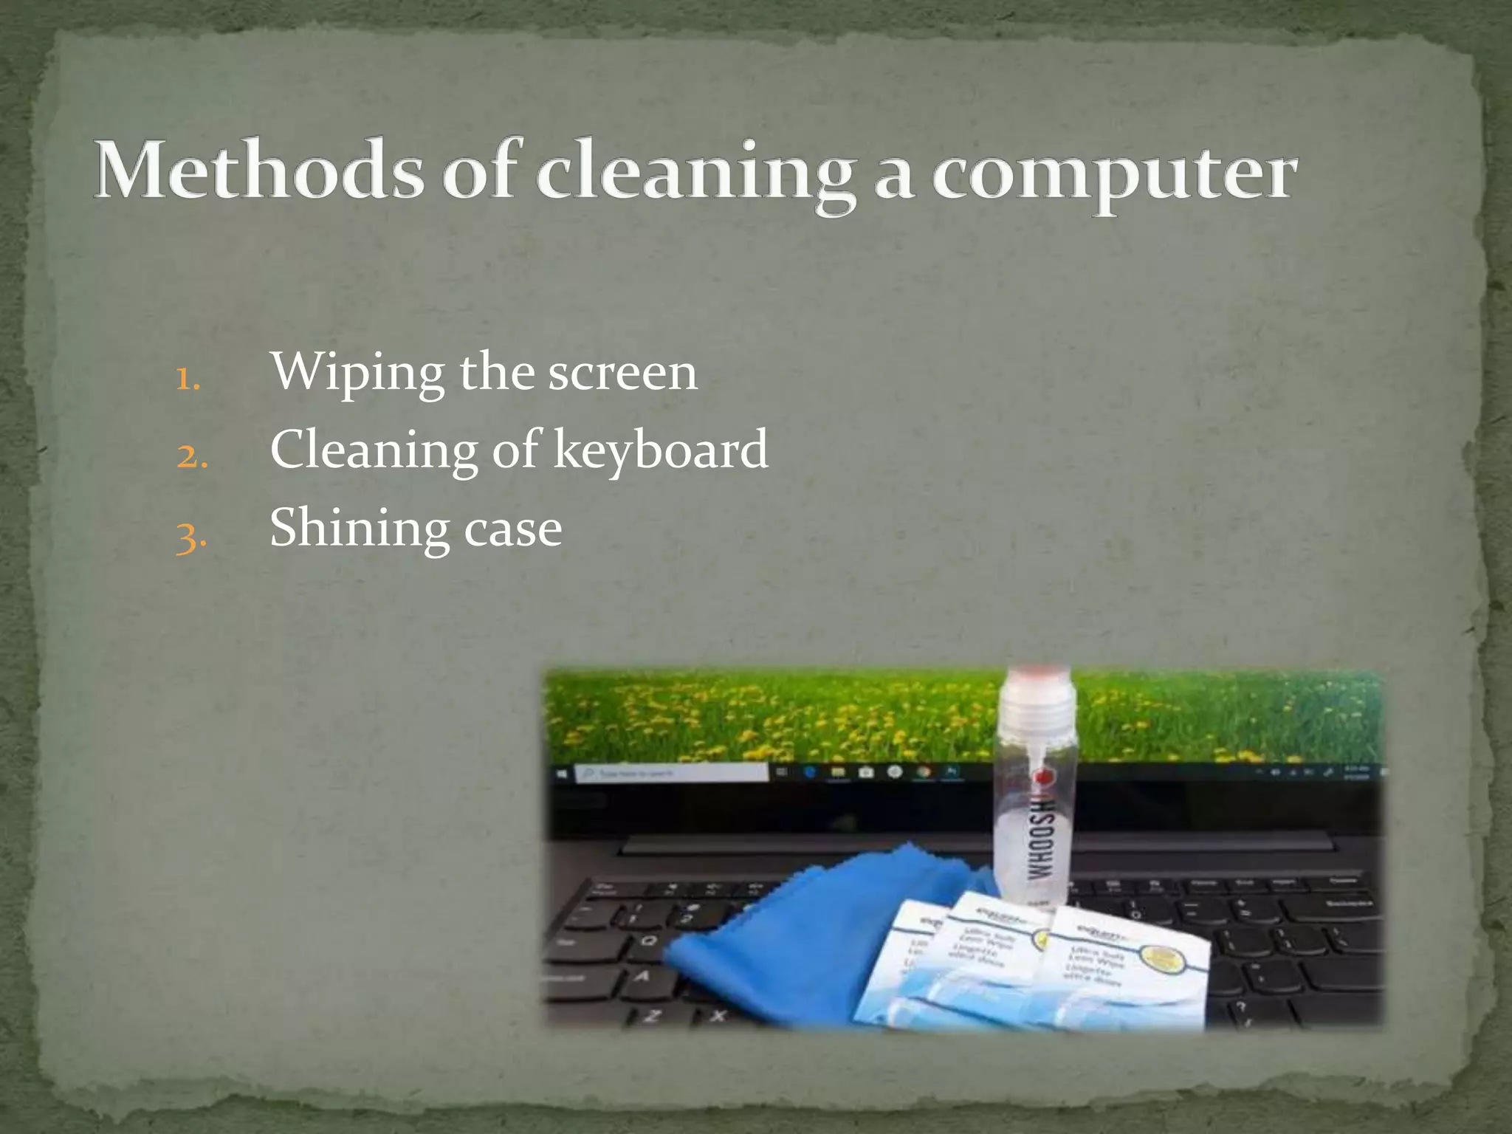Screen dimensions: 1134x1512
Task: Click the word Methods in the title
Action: [259, 171]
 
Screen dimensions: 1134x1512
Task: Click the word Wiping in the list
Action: [357, 372]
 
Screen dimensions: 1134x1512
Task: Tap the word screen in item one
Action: [622, 372]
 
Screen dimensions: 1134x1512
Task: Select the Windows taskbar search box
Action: [672, 773]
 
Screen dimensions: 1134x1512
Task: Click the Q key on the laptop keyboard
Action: [649, 941]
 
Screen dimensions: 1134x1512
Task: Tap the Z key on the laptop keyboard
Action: [651, 1017]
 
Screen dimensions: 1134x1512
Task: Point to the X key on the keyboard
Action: [717, 1016]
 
